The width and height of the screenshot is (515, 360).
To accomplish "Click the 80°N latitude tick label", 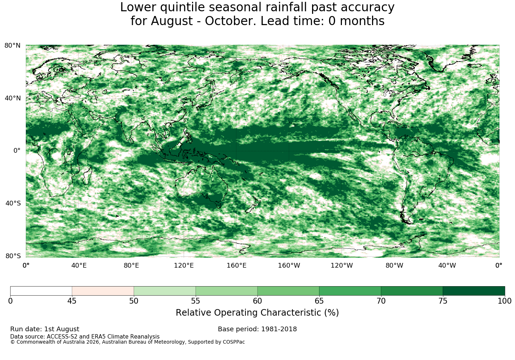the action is tap(12, 45).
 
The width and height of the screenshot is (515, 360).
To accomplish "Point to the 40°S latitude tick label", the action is tap(13, 203).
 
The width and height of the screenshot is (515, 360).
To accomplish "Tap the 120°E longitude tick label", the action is tap(184, 265).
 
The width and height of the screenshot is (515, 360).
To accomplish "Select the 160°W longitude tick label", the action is tap(289, 265).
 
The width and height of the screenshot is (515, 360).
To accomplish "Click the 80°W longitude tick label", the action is tap(394, 265).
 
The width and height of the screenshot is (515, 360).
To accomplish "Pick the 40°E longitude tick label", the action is tap(79, 265).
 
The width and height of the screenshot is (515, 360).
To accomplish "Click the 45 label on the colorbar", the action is tap(72, 301).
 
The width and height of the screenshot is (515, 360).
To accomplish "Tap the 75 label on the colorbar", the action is tap(443, 301).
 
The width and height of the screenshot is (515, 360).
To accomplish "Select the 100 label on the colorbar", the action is tap(505, 301).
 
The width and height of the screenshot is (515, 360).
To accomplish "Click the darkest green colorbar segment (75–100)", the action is tap(474, 291).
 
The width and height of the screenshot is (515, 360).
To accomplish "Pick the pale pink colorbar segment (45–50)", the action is tap(103, 291).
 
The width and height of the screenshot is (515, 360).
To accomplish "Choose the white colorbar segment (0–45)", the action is tap(41, 291).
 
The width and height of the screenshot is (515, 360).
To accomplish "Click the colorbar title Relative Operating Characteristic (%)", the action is tap(257, 313).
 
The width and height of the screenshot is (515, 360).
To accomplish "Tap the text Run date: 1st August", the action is tap(45, 329).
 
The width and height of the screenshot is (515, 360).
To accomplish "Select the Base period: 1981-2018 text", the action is tap(257, 329).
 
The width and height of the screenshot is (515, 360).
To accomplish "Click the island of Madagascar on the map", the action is tap(87, 176).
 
